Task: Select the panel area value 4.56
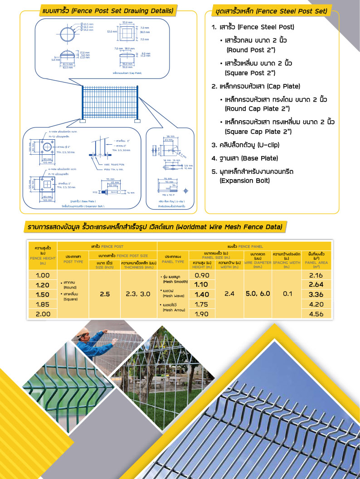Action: [316, 313]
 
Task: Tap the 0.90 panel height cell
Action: [201, 275]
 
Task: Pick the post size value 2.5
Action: [105, 294]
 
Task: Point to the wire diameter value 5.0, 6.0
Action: [258, 293]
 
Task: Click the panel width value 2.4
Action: [229, 294]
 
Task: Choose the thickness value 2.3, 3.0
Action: [138, 294]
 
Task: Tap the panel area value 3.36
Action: [316, 294]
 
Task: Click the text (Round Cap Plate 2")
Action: [257, 108]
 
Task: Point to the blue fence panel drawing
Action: [110, 103]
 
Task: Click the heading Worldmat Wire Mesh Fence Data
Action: [154, 226]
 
